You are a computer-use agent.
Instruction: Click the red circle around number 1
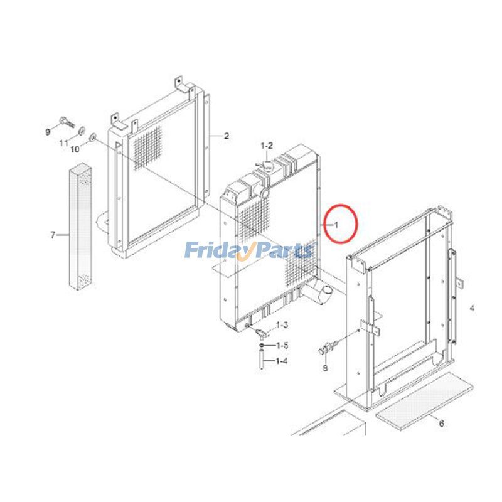coord(340,224)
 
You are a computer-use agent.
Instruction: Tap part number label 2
coord(227,136)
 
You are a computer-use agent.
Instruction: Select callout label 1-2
coord(267,146)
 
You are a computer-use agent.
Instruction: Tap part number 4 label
coord(472,308)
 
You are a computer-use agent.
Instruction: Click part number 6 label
coord(441,424)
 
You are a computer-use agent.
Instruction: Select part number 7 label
coord(53,236)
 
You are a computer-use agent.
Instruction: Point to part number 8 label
coord(325,368)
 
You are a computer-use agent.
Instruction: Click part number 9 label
coord(47,131)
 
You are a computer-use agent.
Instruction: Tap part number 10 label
coord(75,149)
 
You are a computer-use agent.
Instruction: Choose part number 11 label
coord(63,144)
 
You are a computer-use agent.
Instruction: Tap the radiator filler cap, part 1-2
coord(266,167)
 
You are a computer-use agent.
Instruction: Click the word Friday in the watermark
coord(217,251)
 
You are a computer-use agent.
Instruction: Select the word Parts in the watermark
coord(286,251)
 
